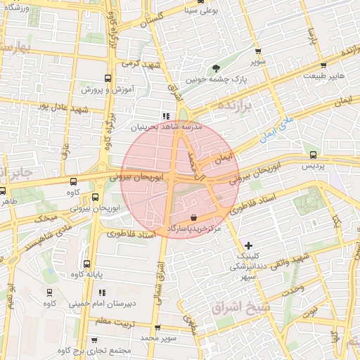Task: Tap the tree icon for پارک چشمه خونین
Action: pyautogui.click(x=216, y=67)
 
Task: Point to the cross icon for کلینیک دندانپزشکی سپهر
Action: pyautogui.click(x=247, y=245)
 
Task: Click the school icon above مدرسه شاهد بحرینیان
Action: pyautogui.click(x=166, y=117)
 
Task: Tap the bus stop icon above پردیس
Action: pyautogui.click(x=313, y=154)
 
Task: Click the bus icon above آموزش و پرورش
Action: pyautogui.click(x=108, y=78)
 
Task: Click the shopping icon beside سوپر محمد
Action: pyautogui.click(x=157, y=328)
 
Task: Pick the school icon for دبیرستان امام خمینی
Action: pyautogui.click(x=103, y=292)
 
